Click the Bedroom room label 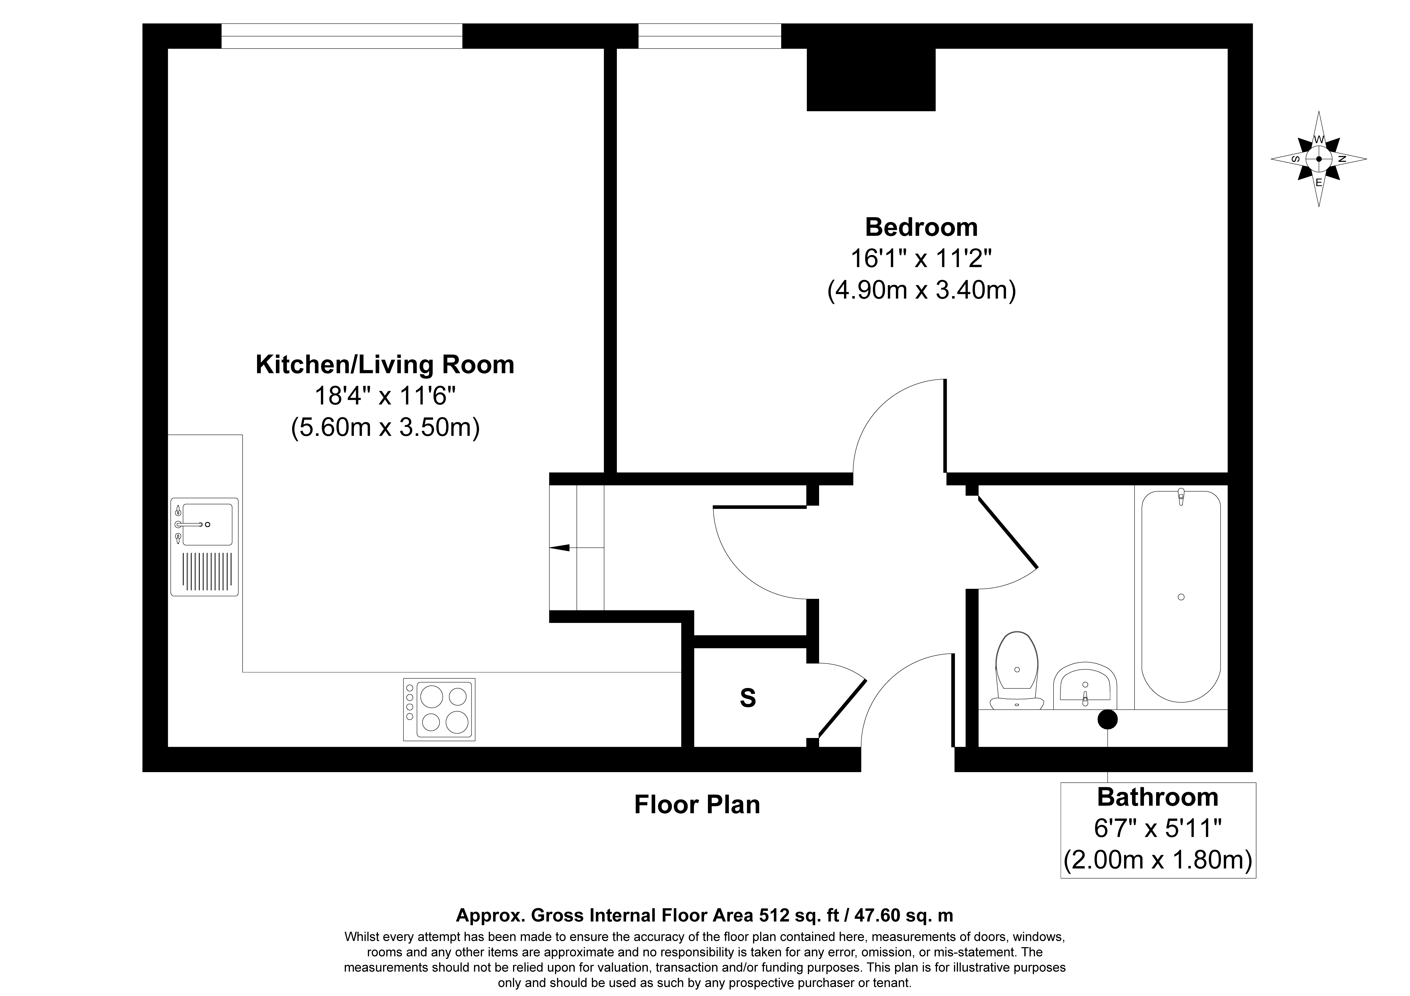click(921, 227)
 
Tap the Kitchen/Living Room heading click(385, 365)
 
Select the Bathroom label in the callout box click(1158, 797)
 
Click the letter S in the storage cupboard click(747, 698)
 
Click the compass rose click(1319, 158)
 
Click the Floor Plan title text click(697, 804)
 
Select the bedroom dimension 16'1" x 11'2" click(921, 258)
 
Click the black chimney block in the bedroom click(871, 79)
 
